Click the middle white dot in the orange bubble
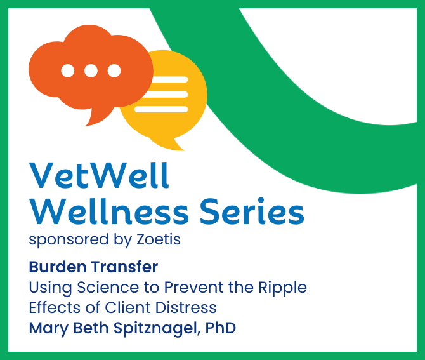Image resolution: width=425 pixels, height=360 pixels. [91, 71]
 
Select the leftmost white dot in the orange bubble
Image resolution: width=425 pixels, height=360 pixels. [68, 71]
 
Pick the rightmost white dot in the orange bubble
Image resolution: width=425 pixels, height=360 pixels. [114, 71]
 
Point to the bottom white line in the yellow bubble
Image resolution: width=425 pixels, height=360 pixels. [161, 109]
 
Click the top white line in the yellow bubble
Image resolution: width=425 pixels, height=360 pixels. [169, 79]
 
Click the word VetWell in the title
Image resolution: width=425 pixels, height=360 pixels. [99, 175]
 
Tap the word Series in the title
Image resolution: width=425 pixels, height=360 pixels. [252, 211]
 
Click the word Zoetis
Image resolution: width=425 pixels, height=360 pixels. [159, 239]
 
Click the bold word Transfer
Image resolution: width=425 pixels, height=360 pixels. [124, 267]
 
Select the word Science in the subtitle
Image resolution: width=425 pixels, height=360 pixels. [108, 287]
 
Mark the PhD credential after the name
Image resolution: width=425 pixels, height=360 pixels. [221, 328]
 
